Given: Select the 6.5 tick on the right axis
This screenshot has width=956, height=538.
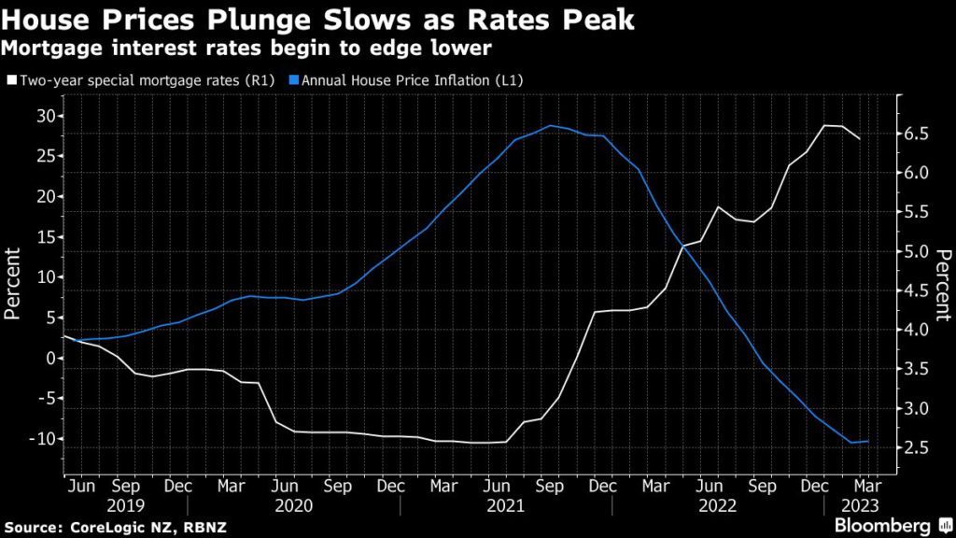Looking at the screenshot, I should tap(917, 134).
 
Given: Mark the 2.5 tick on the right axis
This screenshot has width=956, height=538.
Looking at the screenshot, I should tap(917, 448).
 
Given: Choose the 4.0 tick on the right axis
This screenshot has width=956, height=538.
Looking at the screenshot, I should tap(917, 331).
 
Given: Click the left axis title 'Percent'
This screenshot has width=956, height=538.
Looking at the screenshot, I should tap(14, 284).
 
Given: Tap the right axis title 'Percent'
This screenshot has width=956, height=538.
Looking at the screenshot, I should tap(944, 284).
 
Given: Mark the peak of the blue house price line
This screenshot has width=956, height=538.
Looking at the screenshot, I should tap(551, 125).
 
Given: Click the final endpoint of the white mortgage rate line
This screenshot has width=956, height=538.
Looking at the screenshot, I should tap(860, 139).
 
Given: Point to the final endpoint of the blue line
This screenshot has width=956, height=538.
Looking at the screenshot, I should tap(869, 441).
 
